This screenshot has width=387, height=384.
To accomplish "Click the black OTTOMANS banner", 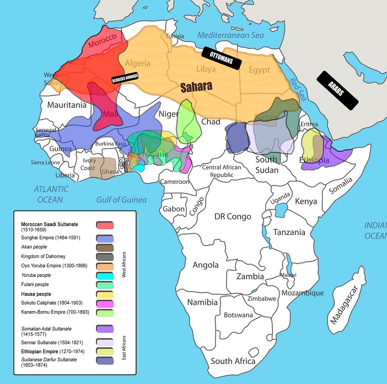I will click(221, 58).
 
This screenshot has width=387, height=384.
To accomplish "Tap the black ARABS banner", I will click(337, 90).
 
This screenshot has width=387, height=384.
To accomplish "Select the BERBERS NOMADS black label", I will click(125, 78).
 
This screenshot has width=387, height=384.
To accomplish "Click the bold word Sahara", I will click(196, 87).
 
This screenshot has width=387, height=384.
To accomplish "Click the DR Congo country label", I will click(232, 216).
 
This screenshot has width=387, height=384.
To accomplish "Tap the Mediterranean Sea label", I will click(230, 35).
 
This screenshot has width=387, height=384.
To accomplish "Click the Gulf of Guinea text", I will click(121, 199).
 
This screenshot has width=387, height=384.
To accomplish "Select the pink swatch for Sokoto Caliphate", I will click(105, 304).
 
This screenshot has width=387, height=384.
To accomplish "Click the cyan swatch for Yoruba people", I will click(105, 276).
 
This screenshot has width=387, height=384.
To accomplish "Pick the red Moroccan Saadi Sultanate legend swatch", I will click(105, 225).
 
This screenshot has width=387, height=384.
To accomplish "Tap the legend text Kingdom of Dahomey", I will click(43, 257).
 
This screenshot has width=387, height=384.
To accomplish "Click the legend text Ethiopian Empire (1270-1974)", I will click(53, 351).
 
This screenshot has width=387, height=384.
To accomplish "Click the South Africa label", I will click(233, 361).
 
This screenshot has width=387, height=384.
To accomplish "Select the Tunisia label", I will click(175, 36).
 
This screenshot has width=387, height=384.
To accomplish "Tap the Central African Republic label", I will click(222, 171).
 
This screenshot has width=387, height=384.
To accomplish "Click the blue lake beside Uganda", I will click(281, 210).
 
